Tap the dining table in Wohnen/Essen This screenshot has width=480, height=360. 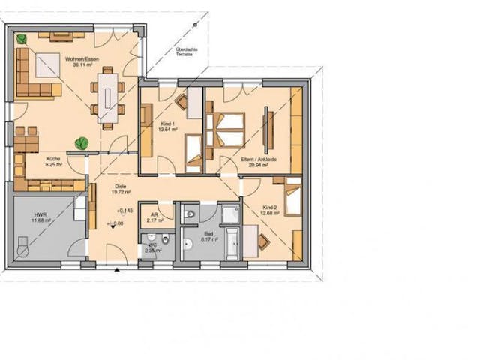pos(110,96)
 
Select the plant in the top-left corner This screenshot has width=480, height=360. pos(23,37)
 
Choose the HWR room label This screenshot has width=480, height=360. pos(39,217)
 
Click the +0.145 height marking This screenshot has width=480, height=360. pos(125,211)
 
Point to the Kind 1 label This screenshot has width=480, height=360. pos(169,126)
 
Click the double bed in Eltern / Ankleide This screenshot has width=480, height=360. pos(226,130)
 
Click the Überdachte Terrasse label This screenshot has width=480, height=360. pos(184,53)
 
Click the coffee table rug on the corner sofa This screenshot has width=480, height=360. pos(46,65)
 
